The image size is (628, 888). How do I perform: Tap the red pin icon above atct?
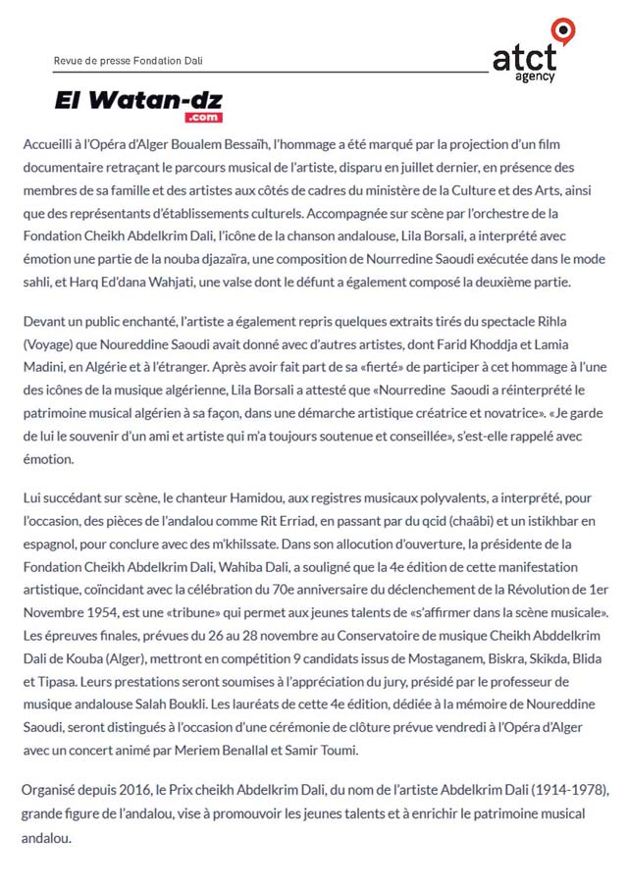pos(563,29)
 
